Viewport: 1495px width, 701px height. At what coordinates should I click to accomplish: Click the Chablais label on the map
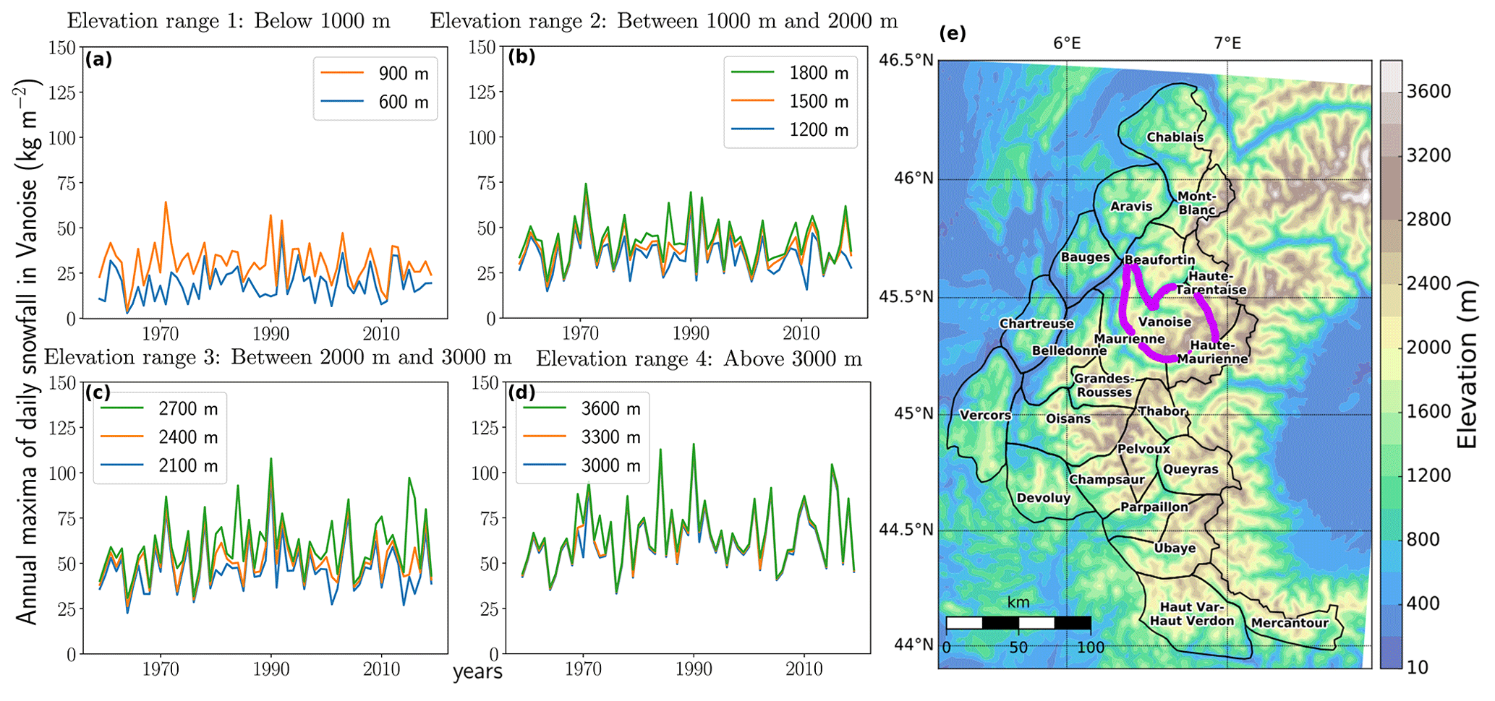point(1175,137)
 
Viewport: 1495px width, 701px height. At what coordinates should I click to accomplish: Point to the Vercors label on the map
point(985,416)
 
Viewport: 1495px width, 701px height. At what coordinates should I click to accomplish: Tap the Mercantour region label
point(1290,623)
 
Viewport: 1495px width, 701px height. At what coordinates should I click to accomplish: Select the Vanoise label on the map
point(1164,322)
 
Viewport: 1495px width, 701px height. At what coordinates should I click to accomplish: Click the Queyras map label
point(1191,470)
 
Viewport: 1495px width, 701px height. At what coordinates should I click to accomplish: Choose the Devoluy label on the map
point(1043,498)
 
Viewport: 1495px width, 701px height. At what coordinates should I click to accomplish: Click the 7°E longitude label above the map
point(1227,43)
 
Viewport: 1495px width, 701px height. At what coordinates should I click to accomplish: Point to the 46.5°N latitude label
point(906,59)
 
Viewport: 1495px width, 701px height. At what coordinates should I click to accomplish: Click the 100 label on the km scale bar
point(1090,648)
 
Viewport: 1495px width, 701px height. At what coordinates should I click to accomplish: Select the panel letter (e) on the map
point(952,33)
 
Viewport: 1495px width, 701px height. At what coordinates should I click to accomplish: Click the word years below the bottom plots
point(477,672)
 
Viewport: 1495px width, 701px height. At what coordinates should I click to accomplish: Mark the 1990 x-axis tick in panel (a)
point(271,334)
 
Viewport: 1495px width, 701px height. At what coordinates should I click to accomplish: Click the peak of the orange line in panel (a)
point(166,202)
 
